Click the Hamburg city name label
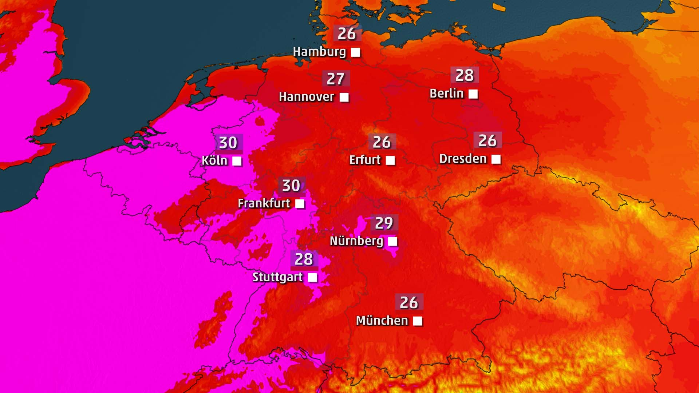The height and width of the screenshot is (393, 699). pyautogui.click(x=319, y=52)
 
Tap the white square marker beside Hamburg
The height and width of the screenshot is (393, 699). pyautogui.click(x=356, y=52)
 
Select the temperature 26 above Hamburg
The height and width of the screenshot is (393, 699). pyautogui.click(x=347, y=34)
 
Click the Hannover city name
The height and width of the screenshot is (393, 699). pyautogui.click(x=306, y=97)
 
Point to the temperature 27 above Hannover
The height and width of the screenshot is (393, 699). pyautogui.click(x=336, y=79)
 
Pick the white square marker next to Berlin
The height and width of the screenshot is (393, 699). pyautogui.click(x=473, y=94)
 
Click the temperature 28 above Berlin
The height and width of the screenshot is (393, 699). pyautogui.click(x=465, y=76)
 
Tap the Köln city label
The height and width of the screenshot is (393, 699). pyautogui.click(x=214, y=160)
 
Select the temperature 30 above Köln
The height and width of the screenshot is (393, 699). pyautogui.click(x=228, y=143)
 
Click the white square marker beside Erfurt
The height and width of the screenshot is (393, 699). pyautogui.click(x=390, y=160)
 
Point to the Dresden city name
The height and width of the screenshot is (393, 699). pyautogui.click(x=463, y=159)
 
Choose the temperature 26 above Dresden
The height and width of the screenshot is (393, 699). pyautogui.click(x=487, y=140)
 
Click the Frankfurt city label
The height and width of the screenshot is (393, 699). pyautogui.click(x=264, y=203)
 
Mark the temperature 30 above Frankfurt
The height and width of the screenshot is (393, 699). pyautogui.click(x=291, y=186)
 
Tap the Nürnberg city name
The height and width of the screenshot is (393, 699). pyautogui.click(x=356, y=241)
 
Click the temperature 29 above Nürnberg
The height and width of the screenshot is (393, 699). pyautogui.click(x=384, y=223)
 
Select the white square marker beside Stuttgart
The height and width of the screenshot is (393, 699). pyautogui.click(x=312, y=278)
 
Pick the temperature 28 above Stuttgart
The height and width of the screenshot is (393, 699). pyautogui.click(x=304, y=259)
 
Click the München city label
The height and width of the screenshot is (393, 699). pyautogui.click(x=382, y=321)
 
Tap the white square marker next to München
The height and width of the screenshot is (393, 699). pyautogui.click(x=418, y=321)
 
